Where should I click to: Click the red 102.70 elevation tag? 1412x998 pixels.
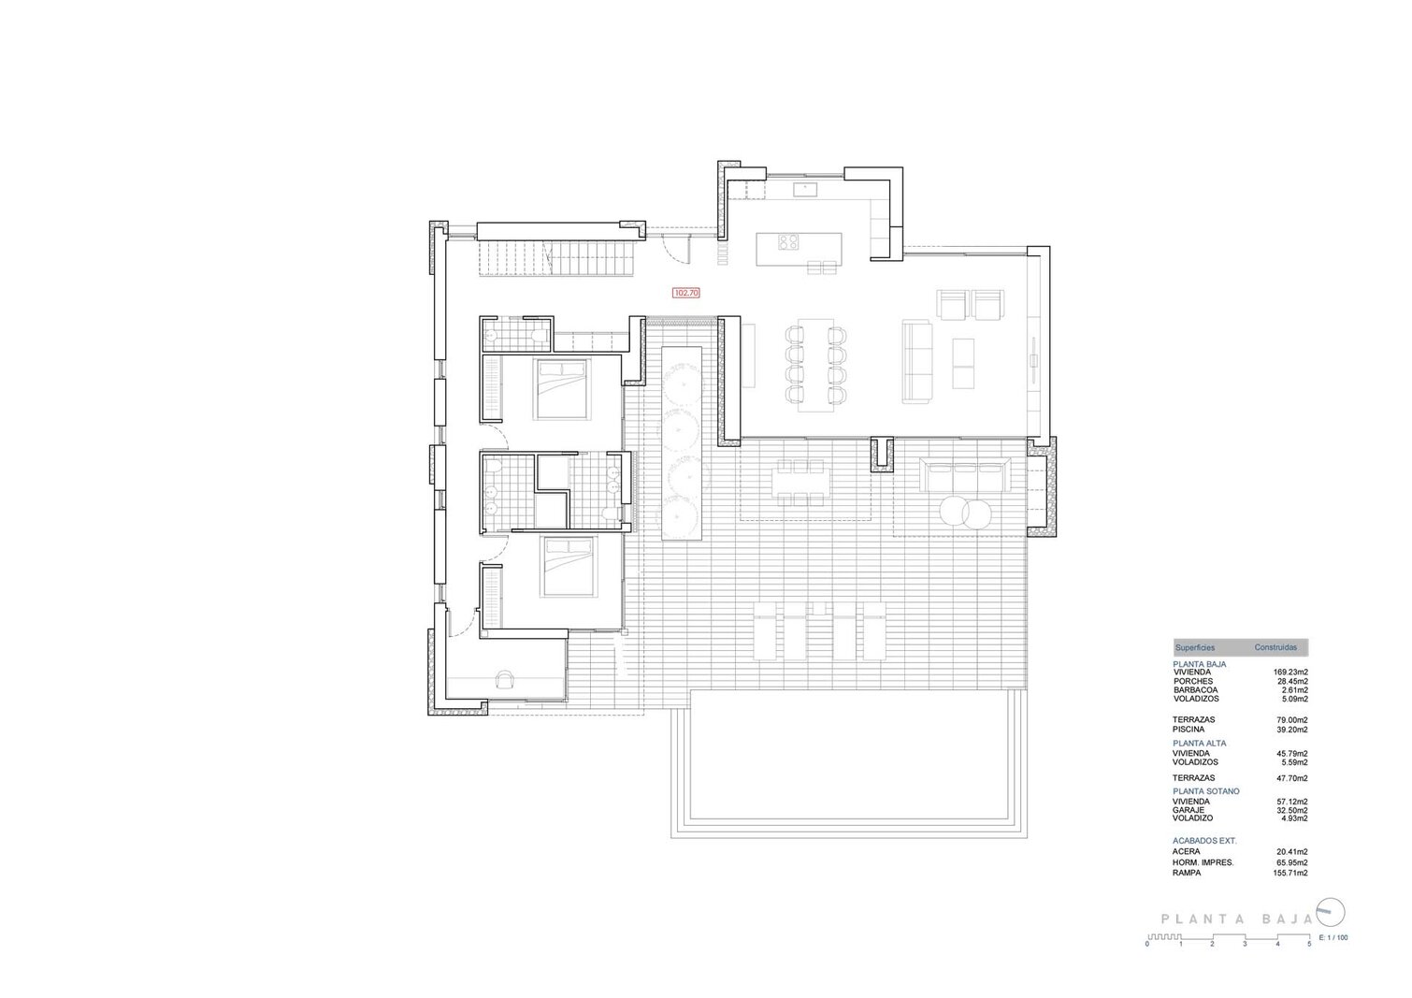pos(686,293)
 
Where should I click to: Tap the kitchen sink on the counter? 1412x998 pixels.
pos(805,189)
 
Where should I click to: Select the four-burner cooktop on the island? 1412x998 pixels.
pos(788,241)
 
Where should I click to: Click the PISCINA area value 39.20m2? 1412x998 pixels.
pos(1292,730)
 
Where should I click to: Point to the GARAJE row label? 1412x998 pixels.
pos(1189,810)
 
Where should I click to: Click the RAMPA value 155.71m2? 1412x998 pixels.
pos(1290,874)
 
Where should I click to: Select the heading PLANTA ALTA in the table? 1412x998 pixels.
pos(1200,744)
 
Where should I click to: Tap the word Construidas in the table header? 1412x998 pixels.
pos(1275,647)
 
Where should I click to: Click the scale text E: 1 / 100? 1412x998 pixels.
pos(1333,955)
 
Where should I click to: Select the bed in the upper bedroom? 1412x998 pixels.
pos(563,389)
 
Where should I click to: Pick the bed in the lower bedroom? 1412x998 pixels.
pos(569,566)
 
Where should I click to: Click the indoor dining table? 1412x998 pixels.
pos(815,365)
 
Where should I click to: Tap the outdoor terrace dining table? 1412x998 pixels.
pos(800,483)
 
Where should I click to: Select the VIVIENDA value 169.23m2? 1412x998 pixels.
pos(1290,673)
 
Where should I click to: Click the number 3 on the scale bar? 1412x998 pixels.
pos(1245,962)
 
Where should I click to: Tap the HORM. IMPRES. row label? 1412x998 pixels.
pos(1203,862)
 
